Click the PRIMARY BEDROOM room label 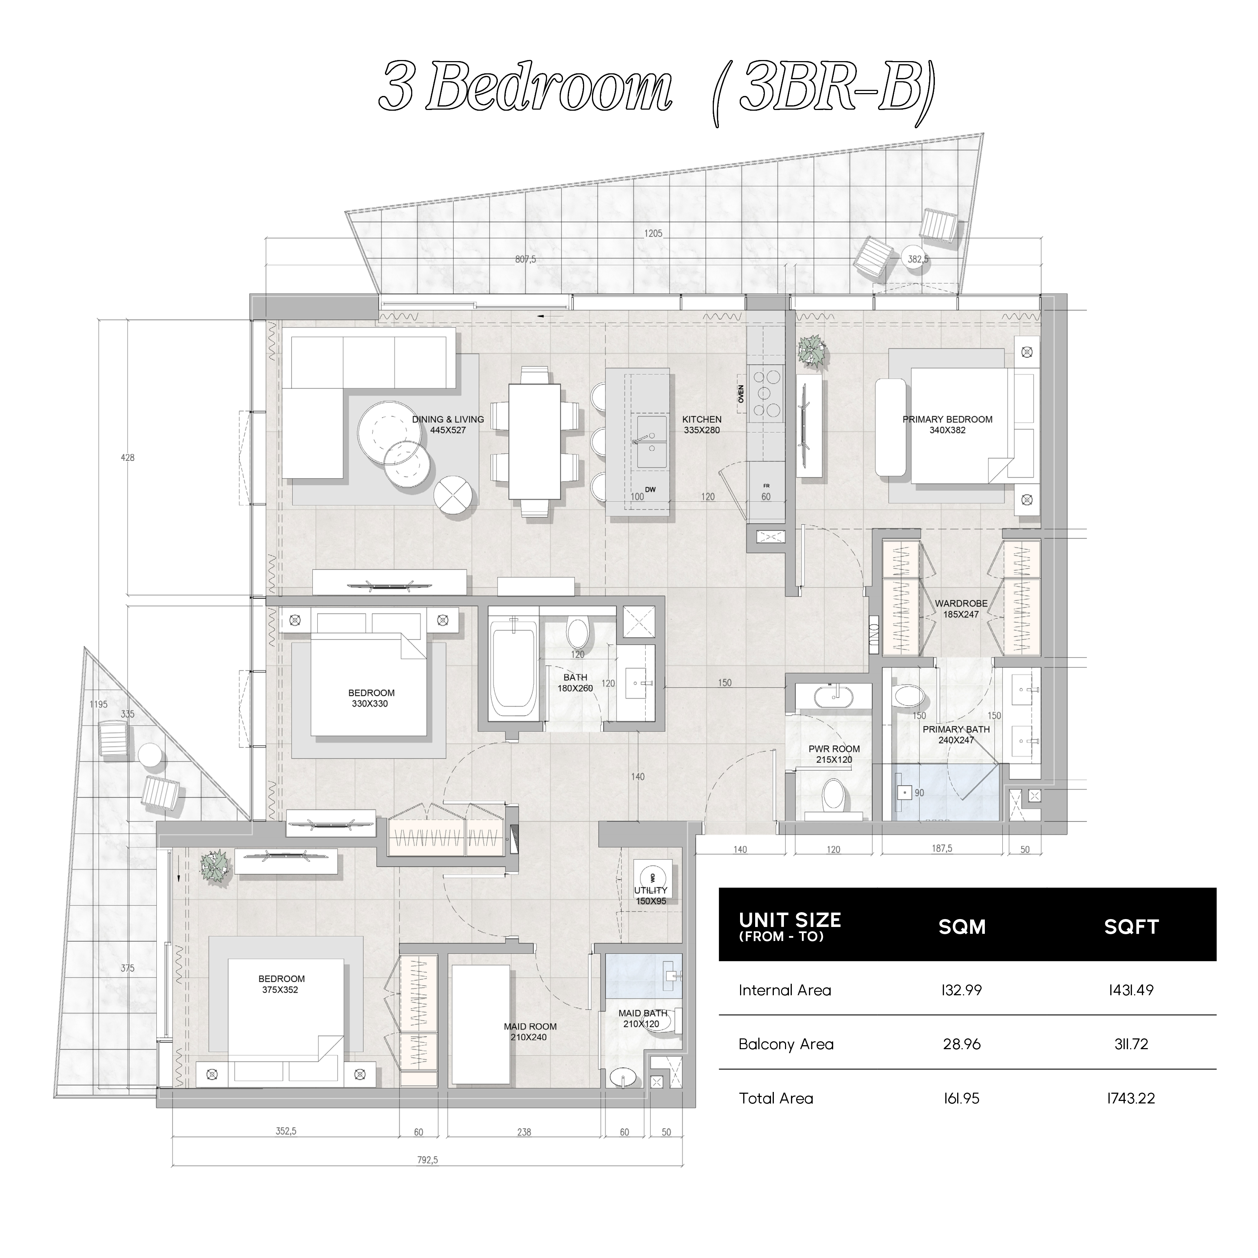coord(947,419)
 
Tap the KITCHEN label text coord(702,419)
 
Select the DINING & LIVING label coord(448,419)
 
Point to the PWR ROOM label coord(834,749)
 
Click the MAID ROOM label coord(530,1026)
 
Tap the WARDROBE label coord(961,603)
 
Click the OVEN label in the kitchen coord(741,394)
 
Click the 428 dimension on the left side coord(128,458)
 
